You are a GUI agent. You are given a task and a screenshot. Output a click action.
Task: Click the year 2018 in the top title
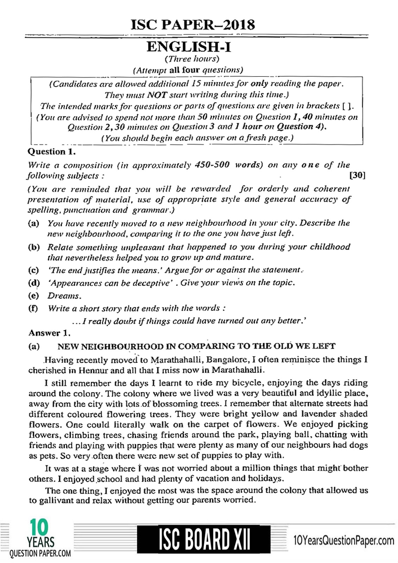237,25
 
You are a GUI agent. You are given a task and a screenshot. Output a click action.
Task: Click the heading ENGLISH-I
189,47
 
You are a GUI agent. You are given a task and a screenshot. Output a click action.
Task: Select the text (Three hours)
192,59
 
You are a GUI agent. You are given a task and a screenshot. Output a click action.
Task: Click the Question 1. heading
52,152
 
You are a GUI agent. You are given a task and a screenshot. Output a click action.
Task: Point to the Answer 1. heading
49,333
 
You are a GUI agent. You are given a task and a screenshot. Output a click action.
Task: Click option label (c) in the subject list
33,270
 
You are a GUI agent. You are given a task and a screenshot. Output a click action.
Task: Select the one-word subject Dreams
64,296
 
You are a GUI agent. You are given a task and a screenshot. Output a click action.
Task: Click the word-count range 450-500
212,165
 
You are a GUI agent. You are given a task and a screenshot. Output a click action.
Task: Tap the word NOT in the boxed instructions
157,95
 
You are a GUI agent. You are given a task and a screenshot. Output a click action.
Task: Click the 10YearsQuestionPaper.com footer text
343,540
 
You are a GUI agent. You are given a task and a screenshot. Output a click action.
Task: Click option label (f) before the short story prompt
33,308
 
